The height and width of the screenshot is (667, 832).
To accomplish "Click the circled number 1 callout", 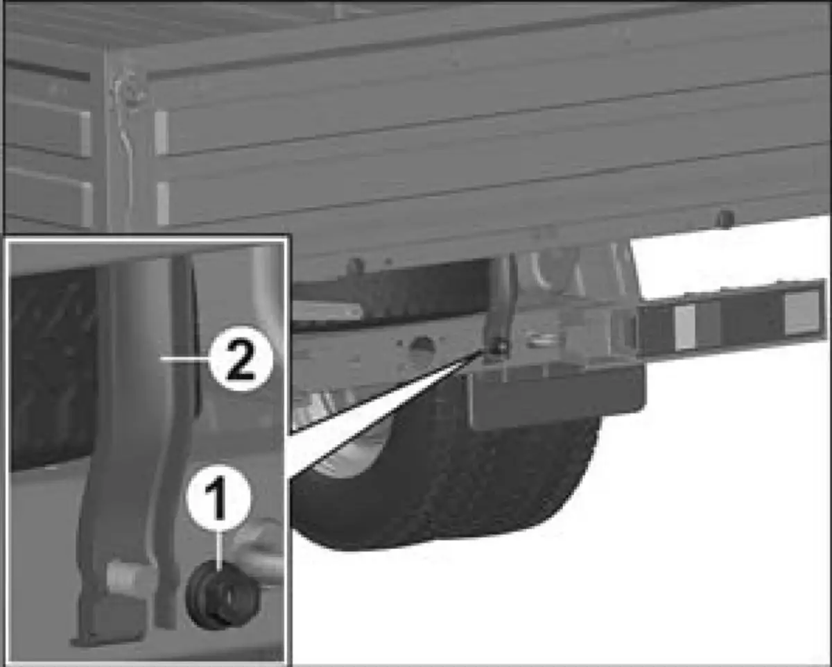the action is pos(219,498).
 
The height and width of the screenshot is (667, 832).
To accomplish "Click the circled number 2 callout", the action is pos(241,358).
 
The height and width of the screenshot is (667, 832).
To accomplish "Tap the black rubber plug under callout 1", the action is pos(223,595).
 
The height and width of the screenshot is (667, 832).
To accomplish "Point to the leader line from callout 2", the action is pos(185,359).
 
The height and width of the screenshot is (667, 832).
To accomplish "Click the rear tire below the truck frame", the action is pos(444,484).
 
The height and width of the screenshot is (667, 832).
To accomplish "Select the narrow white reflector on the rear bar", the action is pos(685,327).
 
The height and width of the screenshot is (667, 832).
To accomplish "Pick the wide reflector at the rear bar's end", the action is pos(802,316).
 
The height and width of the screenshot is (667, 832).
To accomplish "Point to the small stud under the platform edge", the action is pos(725,218).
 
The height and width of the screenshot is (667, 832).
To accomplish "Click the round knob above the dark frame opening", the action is pos(356,268).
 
